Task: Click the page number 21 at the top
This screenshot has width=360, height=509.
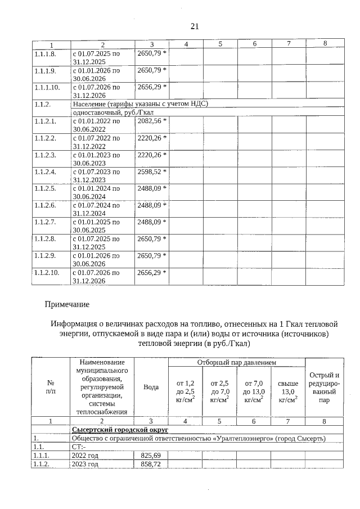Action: [x=195, y=26]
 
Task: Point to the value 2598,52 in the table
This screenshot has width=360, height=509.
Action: [x=152, y=172]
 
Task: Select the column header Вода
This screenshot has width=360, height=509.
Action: [x=151, y=388]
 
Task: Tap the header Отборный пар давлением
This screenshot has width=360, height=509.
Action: [x=236, y=363]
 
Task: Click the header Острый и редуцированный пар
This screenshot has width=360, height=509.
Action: [x=325, y=388]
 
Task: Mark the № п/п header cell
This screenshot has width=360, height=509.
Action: [x=50, y=388]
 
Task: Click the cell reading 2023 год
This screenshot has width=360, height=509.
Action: [x=84, y=465]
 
